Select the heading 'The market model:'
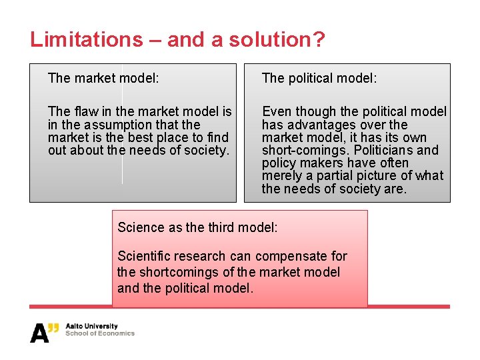pyautogui.click(x=103, y=79)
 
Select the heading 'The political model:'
pyautogui.click(x=319, y=79)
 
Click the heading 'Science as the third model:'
pyautogui.click(x=197, y=227)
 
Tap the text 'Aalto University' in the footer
pyautogui.click(x=91, y=327)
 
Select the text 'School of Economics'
pyautogui.click(x=99, y=334)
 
